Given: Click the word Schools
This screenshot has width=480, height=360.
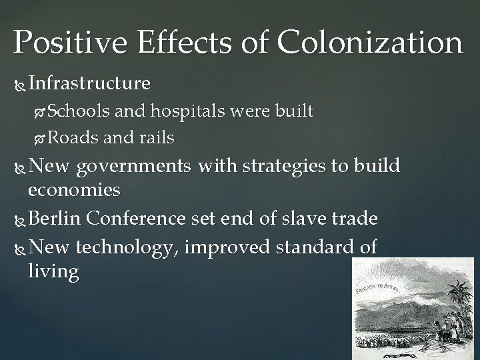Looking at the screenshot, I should pos(78,111).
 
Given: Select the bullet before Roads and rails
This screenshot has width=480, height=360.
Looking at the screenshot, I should pos(41,139).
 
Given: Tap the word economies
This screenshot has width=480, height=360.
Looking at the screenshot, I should pos(74,191).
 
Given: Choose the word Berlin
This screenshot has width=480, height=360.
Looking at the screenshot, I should pos(54,218).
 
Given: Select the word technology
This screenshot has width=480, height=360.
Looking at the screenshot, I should pos(126,247).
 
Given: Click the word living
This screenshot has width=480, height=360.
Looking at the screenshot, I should pos(53,272).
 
